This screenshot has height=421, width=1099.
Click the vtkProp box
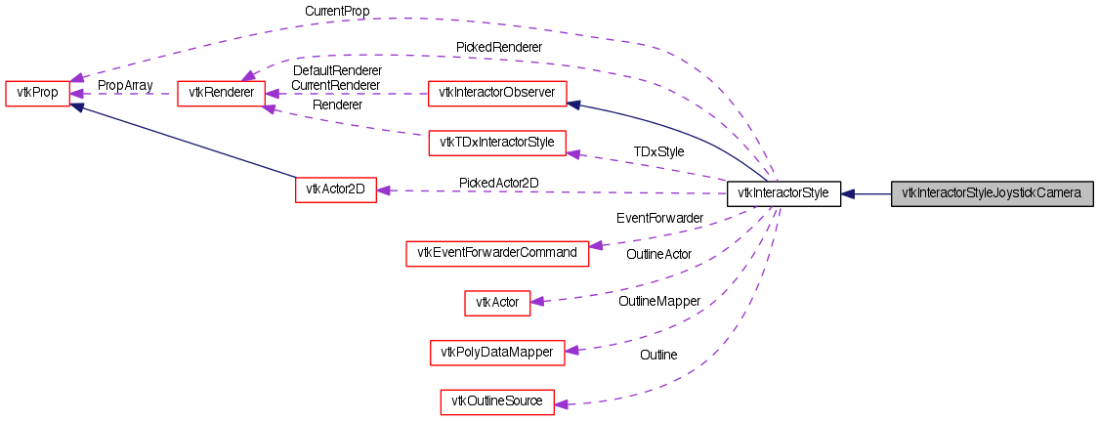click(37, 94)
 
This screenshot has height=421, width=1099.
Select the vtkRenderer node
click(220, 94)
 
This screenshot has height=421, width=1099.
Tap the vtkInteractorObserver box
click(498, 94)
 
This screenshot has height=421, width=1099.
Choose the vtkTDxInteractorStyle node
click(497, 144)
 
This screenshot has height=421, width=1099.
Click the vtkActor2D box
click(335, 189)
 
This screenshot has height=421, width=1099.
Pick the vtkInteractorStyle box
click(783, 193)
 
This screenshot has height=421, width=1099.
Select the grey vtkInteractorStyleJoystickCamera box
click(991, 193)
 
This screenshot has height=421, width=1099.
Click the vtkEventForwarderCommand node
click(497, 253)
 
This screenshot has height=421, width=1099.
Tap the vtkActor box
click(496, 303)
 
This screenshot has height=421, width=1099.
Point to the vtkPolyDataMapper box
click(497, 352)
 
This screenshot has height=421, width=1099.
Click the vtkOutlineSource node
click(497, 401)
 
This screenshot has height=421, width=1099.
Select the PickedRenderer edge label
click(499, 46)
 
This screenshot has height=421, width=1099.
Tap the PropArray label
click(124, 85)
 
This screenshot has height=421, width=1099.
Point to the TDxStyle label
click(658, 151)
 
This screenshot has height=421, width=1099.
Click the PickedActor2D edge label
click(499, 183)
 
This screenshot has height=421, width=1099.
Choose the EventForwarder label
click(660, 218)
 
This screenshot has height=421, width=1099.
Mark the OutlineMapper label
click(659, 302)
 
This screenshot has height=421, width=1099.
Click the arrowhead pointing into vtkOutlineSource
click(562, 402)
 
